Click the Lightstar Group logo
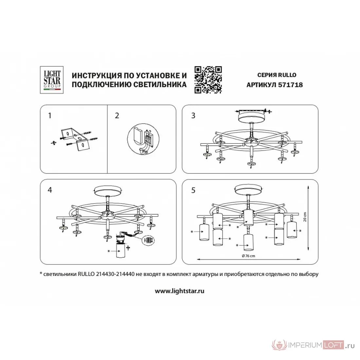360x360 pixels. [52, 80]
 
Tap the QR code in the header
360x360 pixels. [208, 80]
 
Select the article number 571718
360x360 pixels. [290, 85]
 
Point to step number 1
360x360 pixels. [50, 116]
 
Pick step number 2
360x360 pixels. [117, 116]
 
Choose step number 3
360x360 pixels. [193, 116]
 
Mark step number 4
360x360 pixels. [50, 190]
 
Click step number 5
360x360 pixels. [193, 190]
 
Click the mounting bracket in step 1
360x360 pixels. [74, 139]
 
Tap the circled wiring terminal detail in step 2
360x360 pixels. [143, 139]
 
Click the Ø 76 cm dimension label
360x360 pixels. [248, 256]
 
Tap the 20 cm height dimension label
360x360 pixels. [305, 217]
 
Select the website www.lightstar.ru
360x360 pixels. [180, 291]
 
